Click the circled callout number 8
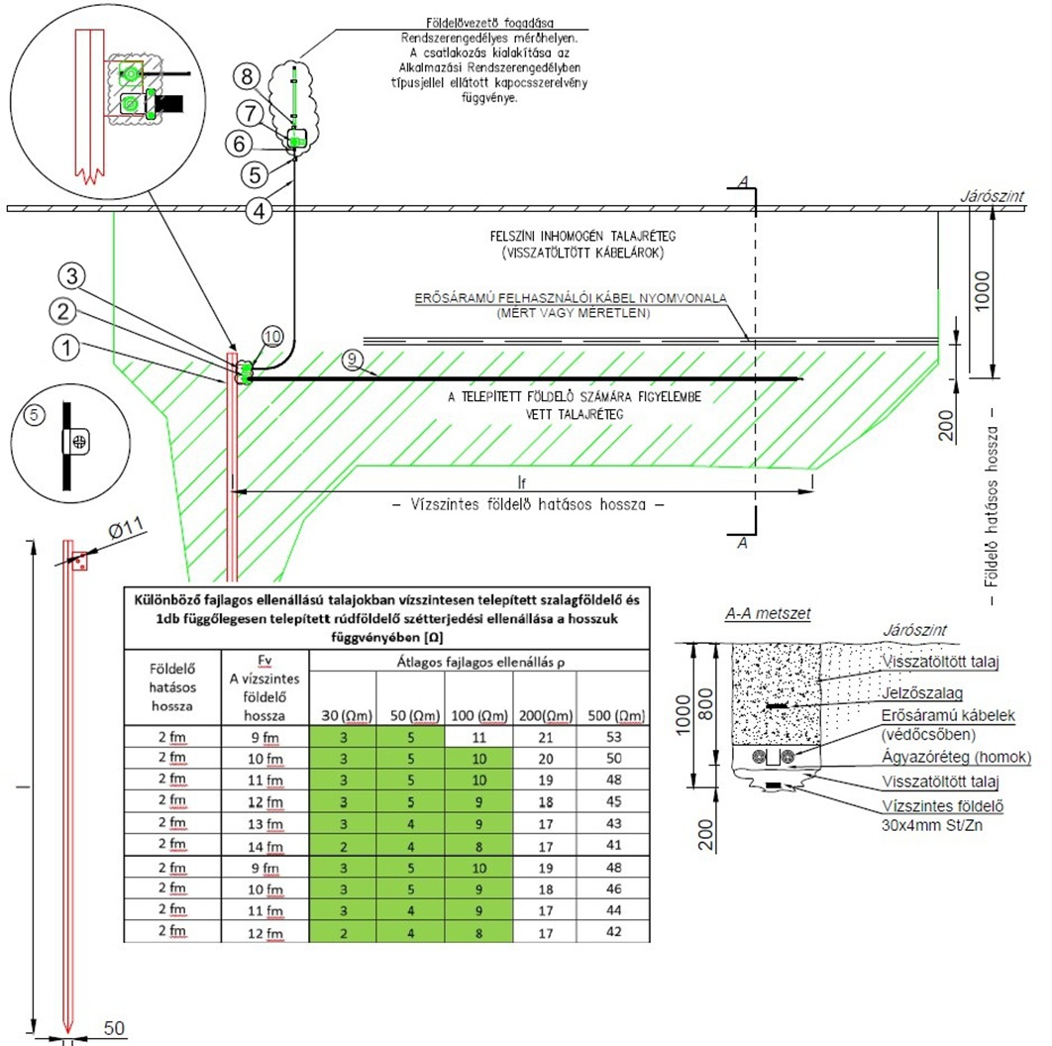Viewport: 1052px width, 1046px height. tap(250, 75)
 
